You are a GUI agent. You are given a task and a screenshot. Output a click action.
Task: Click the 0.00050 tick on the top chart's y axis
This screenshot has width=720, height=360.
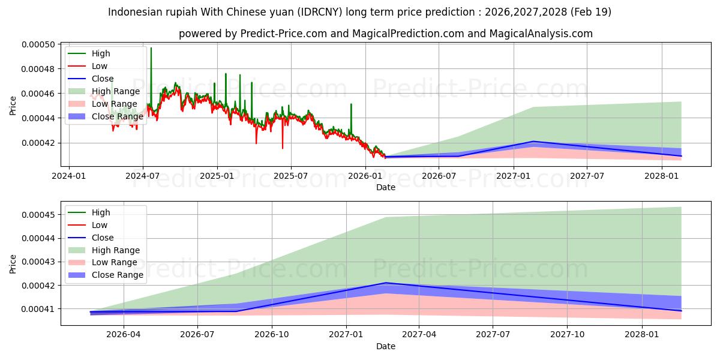point(38,44)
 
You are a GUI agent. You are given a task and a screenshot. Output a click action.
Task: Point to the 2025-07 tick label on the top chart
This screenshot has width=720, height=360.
point(291,176)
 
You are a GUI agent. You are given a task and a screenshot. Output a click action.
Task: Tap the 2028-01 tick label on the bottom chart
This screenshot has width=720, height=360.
point(642,335)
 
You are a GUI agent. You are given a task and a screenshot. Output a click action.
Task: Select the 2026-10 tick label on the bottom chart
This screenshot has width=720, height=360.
point(272,335)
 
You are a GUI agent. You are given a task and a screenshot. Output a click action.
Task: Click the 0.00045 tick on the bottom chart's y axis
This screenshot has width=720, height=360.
point(38,215)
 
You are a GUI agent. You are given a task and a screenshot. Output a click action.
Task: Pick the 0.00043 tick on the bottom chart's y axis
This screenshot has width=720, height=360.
point(38,262)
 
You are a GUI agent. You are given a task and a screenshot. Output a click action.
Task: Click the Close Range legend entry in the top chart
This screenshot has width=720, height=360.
point(106,116)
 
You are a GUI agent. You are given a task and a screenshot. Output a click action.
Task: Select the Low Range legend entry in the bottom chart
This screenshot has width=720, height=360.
point(103,262)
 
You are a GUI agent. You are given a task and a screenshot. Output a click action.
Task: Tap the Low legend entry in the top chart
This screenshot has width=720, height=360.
point(88,66)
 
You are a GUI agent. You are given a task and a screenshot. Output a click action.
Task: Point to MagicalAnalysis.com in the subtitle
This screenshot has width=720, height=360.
point(541,34)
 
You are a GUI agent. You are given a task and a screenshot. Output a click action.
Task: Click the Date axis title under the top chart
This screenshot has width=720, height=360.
point(386,187)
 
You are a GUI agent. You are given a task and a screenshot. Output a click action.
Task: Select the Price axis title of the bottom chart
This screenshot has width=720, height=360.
point(13,264)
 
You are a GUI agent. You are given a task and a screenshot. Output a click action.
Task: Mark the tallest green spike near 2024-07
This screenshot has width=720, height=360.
point(151,47)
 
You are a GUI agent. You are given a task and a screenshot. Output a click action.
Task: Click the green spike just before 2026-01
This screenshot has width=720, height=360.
point(351,104)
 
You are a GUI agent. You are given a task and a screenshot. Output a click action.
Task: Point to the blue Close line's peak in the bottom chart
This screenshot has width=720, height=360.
point(386,283)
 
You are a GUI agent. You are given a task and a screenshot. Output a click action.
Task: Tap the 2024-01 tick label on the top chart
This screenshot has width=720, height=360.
point(69,176)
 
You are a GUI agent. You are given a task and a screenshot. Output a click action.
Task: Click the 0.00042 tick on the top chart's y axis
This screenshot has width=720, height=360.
point(38,143)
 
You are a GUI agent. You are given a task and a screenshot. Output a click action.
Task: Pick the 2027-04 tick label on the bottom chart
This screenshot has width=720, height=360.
point(419,335)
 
